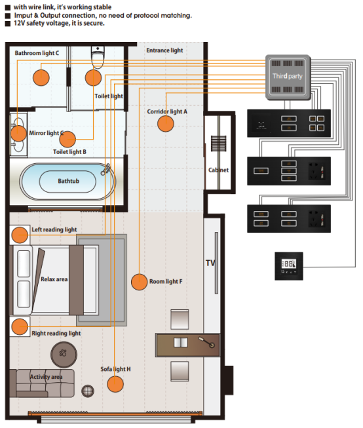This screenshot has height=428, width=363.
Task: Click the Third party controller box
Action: [288, 77]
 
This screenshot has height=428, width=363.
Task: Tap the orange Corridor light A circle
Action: [166, 124]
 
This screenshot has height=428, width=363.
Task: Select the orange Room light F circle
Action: [139, 282]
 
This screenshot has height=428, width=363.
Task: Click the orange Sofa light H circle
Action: [115, 384]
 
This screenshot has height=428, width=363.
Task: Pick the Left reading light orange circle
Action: [20, 235]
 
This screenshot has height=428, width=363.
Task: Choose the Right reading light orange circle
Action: [20, 326]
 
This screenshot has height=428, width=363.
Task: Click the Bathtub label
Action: [69, 181]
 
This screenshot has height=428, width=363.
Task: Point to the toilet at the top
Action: [98, 57]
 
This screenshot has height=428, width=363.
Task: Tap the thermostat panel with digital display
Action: [289, 266]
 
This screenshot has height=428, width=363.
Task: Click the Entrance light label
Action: [164, 50]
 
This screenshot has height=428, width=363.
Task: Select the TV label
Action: [210, 263]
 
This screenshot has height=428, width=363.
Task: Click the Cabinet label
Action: [218, 170]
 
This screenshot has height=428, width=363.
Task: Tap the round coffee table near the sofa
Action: [64, 355]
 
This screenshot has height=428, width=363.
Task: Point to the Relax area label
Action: [54, 279]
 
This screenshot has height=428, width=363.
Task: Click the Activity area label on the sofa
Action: [46, 377]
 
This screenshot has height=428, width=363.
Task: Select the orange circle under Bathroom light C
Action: [41, 77]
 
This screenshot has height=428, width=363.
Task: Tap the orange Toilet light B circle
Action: [67, 139]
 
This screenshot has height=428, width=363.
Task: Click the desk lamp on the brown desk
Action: [206, 342]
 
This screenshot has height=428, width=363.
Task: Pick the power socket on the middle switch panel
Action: [316, 171]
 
